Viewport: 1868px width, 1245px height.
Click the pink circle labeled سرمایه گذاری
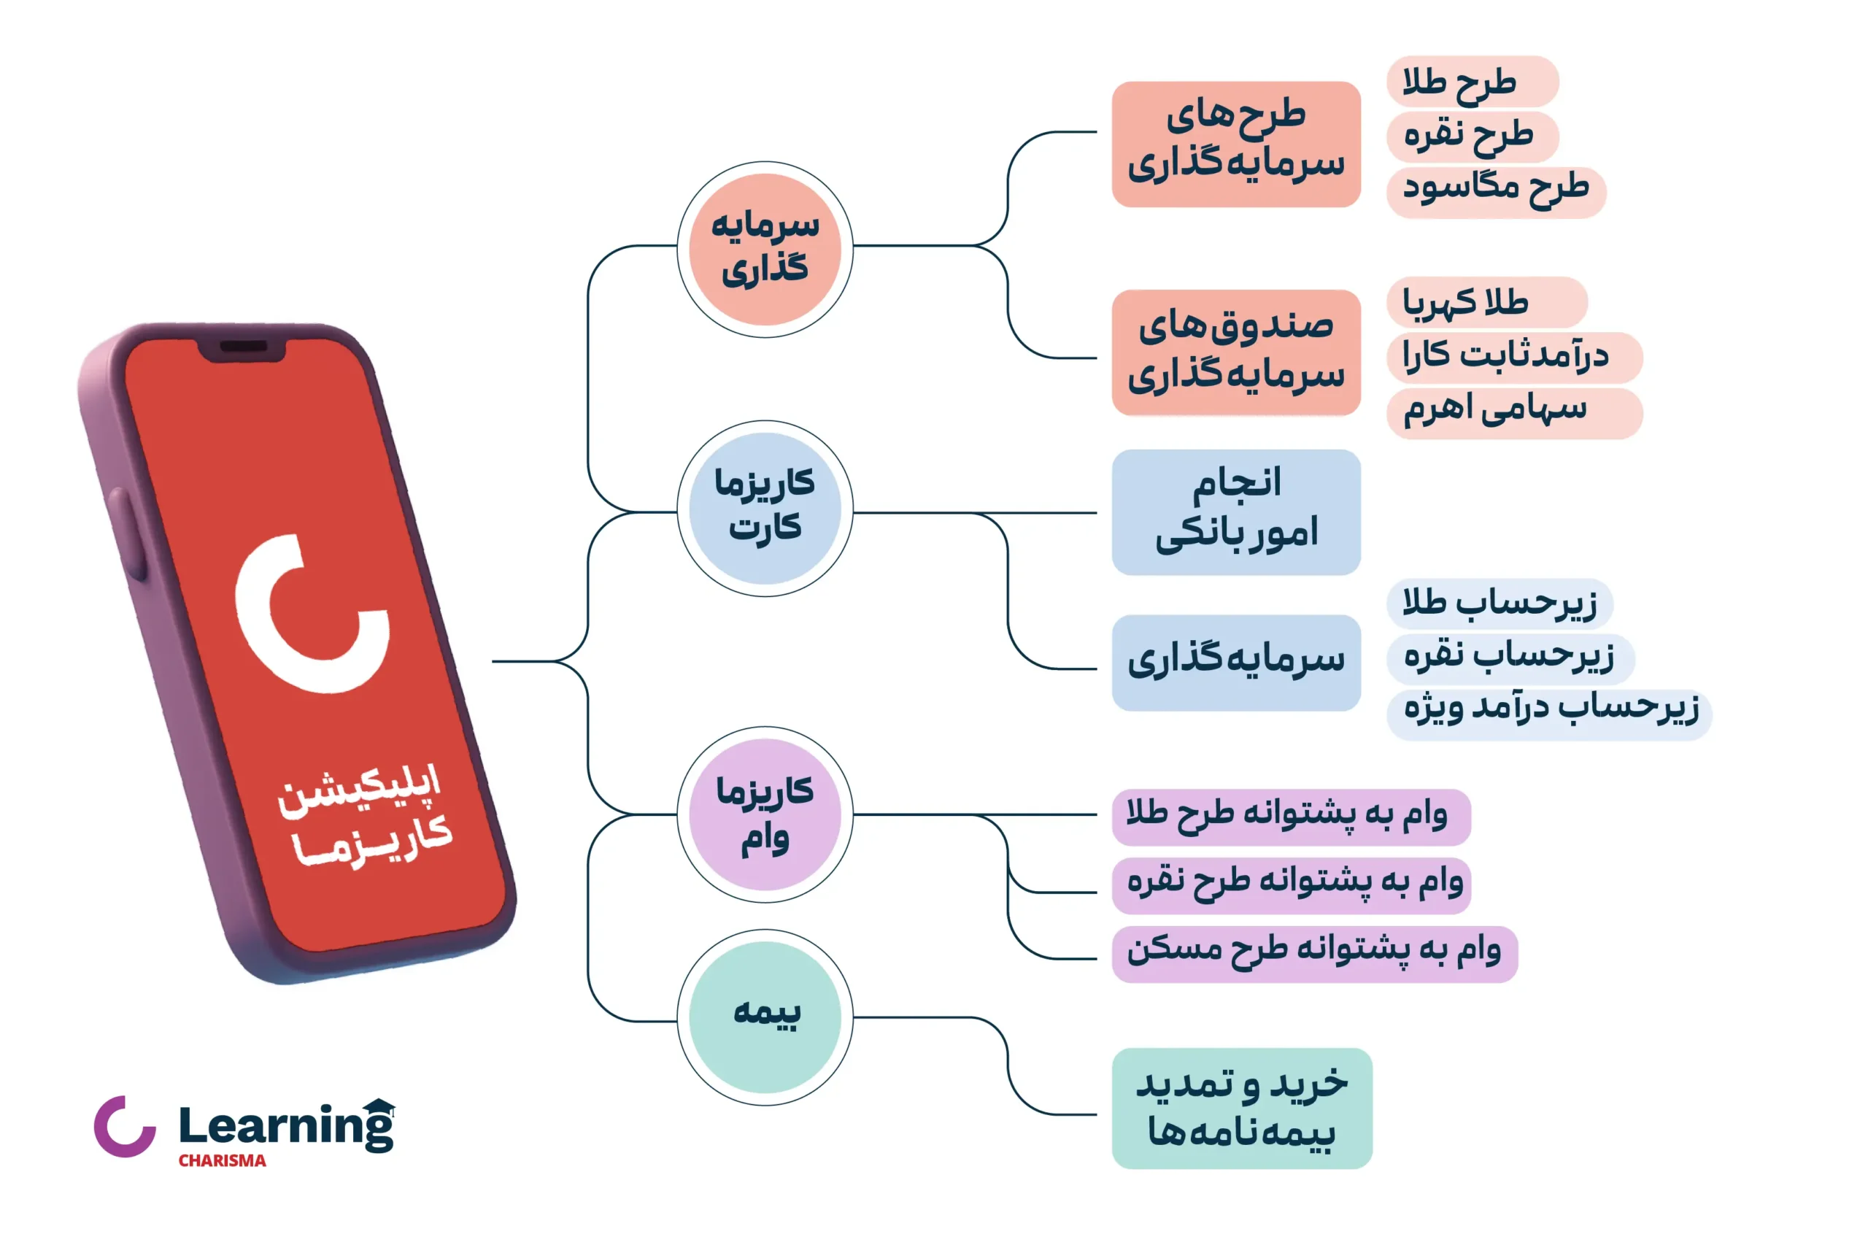765,250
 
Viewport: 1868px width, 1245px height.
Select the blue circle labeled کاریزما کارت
765,508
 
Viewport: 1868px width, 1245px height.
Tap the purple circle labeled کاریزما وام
765,814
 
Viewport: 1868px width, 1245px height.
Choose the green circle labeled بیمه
765,1017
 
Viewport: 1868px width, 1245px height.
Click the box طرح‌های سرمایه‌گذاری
1236,144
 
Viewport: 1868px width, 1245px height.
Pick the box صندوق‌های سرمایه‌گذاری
1236,352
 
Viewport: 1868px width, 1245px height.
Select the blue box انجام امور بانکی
1236,512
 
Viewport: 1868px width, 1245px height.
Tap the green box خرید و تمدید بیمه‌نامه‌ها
1242,1109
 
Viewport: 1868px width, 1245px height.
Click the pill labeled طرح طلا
1473,81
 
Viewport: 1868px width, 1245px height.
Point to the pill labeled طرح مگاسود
1497,192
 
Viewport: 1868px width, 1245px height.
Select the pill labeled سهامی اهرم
1515,414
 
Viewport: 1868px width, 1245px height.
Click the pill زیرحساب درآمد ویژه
1549,714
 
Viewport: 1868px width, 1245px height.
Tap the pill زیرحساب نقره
1510,659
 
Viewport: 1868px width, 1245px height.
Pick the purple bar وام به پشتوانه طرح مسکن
1315,955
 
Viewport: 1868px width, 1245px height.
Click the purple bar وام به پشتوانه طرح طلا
1291,817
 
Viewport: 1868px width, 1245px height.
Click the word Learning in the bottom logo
287,1125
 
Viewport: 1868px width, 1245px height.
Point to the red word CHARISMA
223,1161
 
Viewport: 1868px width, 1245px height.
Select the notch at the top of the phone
242,350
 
